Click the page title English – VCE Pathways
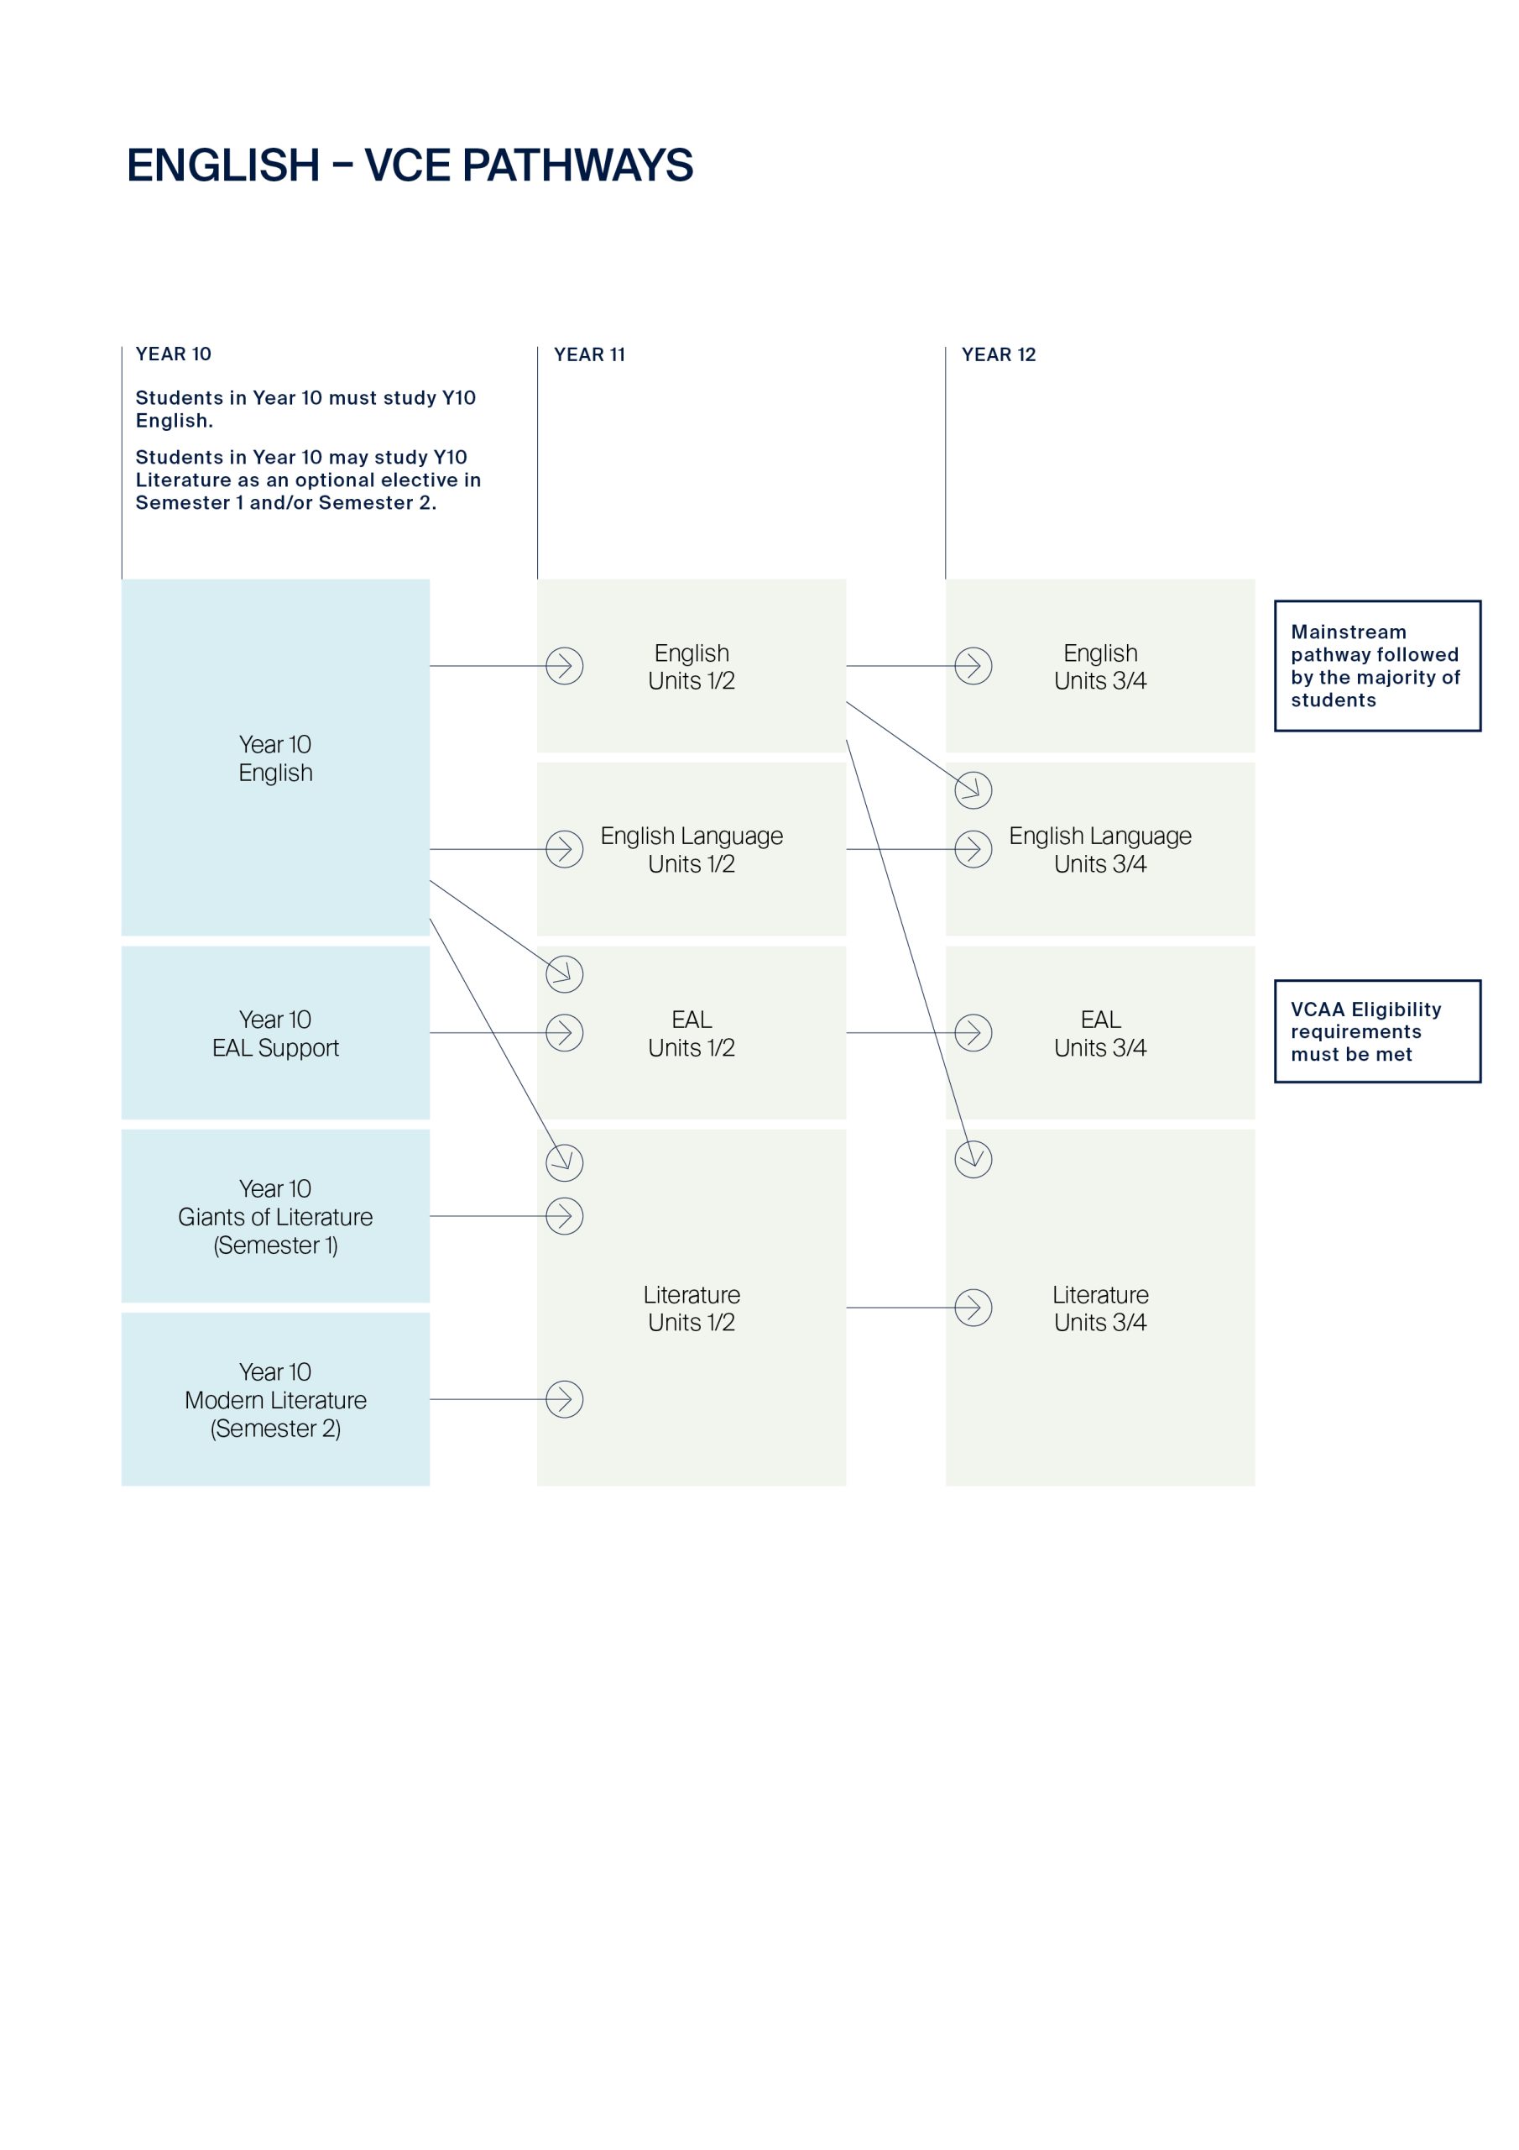click(410, 165)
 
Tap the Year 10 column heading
click(173, 354)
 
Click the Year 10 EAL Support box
click(275, 1033)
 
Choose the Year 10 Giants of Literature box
click(275, 1216)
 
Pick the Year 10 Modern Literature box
click(275, 1400)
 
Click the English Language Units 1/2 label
click(692, 849)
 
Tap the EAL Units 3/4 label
click(1099, 1033)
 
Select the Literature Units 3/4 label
click(1099, 1308)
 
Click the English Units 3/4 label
click(1099, 667)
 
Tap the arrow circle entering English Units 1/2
click(564, 666)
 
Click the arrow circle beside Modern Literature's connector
click(564, 1399)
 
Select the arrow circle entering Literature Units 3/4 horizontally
click(973, 1308)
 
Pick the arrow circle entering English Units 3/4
click(973, 666)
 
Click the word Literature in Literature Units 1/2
click(692, 1294)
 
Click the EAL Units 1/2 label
click(692, 1033)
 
